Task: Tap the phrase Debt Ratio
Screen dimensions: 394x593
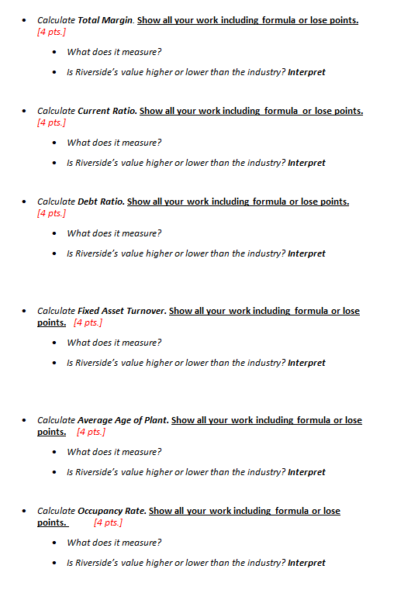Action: (100, 202)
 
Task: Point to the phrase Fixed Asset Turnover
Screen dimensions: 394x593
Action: (122, 311)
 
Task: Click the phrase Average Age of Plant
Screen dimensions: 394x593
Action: (123, 420)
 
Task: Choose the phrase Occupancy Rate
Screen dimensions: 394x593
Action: (112, 511)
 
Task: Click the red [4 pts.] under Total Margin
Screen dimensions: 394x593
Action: (51, 32)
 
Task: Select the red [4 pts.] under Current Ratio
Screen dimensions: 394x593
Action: (51, 122)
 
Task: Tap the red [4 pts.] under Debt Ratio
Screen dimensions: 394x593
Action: (51, 213)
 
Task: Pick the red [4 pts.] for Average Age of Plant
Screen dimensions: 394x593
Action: (92, 432)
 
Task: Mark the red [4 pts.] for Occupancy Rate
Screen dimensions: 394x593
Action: (108, 522)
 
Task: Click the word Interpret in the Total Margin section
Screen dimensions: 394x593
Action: (306, 72)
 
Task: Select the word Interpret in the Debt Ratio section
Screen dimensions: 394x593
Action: (306, 253)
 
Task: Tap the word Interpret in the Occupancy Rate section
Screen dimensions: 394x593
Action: (306, 563)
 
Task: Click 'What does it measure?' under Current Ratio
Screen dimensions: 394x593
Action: (114, 143)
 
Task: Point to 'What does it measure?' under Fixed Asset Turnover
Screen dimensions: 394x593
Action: (114, 343)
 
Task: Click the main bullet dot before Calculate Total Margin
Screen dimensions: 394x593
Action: (26, 20)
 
